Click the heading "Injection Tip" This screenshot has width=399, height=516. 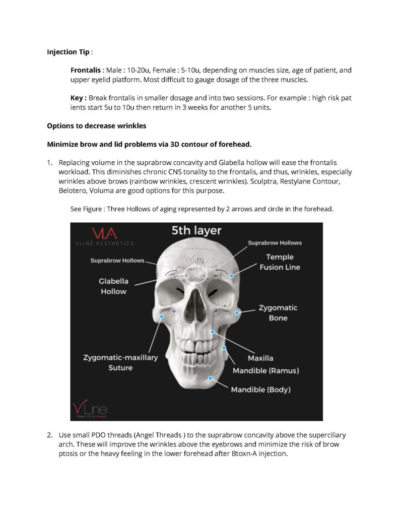tap(68, 52)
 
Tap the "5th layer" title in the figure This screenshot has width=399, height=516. tap(196, 231)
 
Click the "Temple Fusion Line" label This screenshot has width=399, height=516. tap(280, 262)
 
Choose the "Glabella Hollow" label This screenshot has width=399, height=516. tap(113, 286)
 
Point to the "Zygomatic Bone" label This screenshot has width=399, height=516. tap(278, 312)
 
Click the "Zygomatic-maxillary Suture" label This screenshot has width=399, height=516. tap(120, 362)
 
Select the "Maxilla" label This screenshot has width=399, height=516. tap(260, 358)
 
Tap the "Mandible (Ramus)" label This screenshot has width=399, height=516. tap(265, 371)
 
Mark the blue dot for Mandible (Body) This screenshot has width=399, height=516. tap(211, 378)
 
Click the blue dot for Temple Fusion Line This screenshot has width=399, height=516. tap(232, 276)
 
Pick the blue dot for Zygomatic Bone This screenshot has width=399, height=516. tap(236, 313)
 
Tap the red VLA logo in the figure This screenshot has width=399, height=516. tap(104, 233)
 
